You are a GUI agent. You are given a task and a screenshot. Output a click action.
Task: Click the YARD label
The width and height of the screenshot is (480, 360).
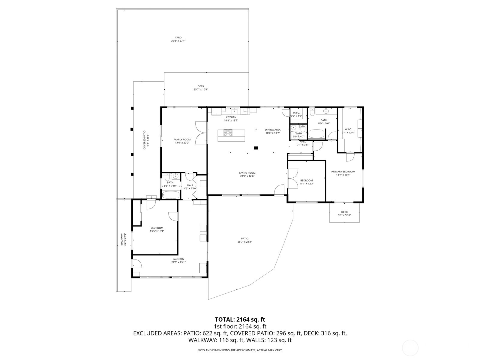point(178,37)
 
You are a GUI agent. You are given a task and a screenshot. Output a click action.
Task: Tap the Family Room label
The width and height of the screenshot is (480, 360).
point(182,139)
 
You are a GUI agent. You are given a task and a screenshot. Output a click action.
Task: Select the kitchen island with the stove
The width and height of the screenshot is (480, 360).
point(231,135)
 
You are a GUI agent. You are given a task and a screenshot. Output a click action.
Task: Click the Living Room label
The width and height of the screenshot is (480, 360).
point(247,173)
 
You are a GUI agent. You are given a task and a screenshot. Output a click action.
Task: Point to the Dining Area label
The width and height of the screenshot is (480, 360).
point(273,130)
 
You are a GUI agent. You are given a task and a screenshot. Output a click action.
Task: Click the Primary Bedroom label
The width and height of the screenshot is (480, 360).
point(343,172)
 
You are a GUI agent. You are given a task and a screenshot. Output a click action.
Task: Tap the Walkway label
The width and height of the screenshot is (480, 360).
point(122,240)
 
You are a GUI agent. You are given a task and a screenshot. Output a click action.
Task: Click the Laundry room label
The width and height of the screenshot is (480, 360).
point(178,259)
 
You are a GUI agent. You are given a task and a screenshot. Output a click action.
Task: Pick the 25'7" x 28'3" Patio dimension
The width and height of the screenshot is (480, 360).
point(244,242)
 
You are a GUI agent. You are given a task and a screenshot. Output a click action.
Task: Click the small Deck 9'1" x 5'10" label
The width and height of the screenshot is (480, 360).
point(344,212)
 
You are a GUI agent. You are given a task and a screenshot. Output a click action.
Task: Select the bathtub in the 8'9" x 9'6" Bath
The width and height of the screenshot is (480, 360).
point(316,134)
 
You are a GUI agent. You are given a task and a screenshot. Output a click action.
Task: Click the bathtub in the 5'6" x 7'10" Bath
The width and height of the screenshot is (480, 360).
point(171,195)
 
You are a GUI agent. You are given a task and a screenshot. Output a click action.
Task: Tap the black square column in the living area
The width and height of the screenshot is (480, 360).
point(256,148)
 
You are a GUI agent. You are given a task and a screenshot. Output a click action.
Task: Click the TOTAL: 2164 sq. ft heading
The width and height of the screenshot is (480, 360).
point(240,319)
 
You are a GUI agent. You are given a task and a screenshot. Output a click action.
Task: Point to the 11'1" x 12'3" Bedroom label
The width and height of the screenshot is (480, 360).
point(306,181)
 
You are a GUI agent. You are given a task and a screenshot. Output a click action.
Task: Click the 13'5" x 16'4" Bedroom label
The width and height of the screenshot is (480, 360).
point(157,228)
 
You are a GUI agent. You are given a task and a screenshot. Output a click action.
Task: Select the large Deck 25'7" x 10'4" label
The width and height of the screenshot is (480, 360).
point(201,86)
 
